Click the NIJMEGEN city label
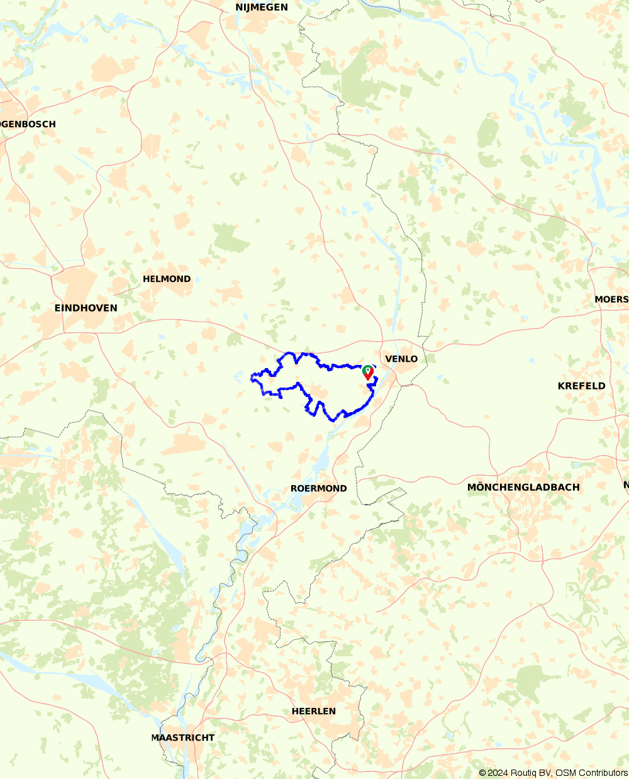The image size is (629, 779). coord(262,8)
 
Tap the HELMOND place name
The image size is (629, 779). coord(167,279)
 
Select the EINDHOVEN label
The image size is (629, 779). coord(86,308)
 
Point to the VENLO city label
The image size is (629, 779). coord(401,359)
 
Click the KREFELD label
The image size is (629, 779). coord(581,386)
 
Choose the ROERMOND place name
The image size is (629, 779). coord(318,488)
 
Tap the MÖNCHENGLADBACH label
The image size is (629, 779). coord(523,487)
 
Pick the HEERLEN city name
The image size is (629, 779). coord(313,711)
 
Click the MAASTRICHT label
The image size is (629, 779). coord(182,737)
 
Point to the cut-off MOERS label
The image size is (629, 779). coord(611,300)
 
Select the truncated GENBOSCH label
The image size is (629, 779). coord(28,124)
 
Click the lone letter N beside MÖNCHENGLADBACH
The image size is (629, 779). coord(626,485)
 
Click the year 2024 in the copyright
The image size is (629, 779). coord(499,773)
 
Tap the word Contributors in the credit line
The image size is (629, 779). coord(603,773)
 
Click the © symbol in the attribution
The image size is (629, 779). coord(482,773)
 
